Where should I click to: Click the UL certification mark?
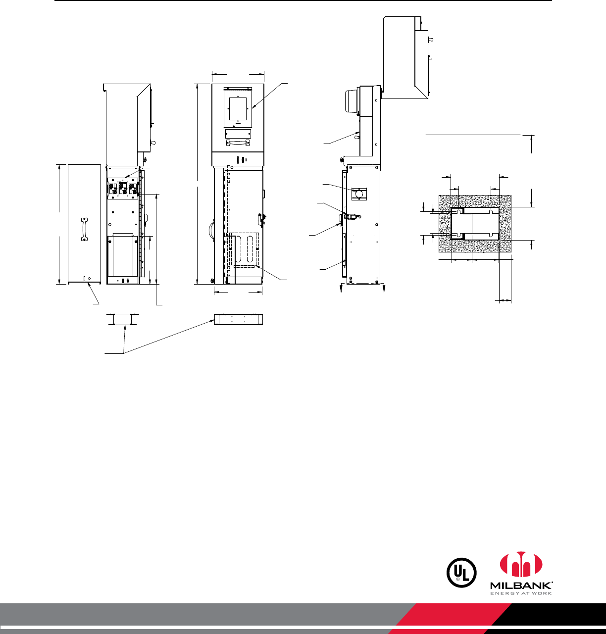tap(461, 573)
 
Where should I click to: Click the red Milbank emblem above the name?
tap(521, 564)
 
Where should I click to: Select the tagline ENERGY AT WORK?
tap(521, 593)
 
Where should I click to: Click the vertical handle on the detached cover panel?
tap(85, 229)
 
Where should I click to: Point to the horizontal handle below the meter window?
tap(238, 143)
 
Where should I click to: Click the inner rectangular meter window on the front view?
tap(238, 108)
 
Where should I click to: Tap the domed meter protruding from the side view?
tap(352, 101)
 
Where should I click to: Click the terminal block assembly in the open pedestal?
tap(123, 189)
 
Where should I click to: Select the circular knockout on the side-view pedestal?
tap(359, 194)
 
